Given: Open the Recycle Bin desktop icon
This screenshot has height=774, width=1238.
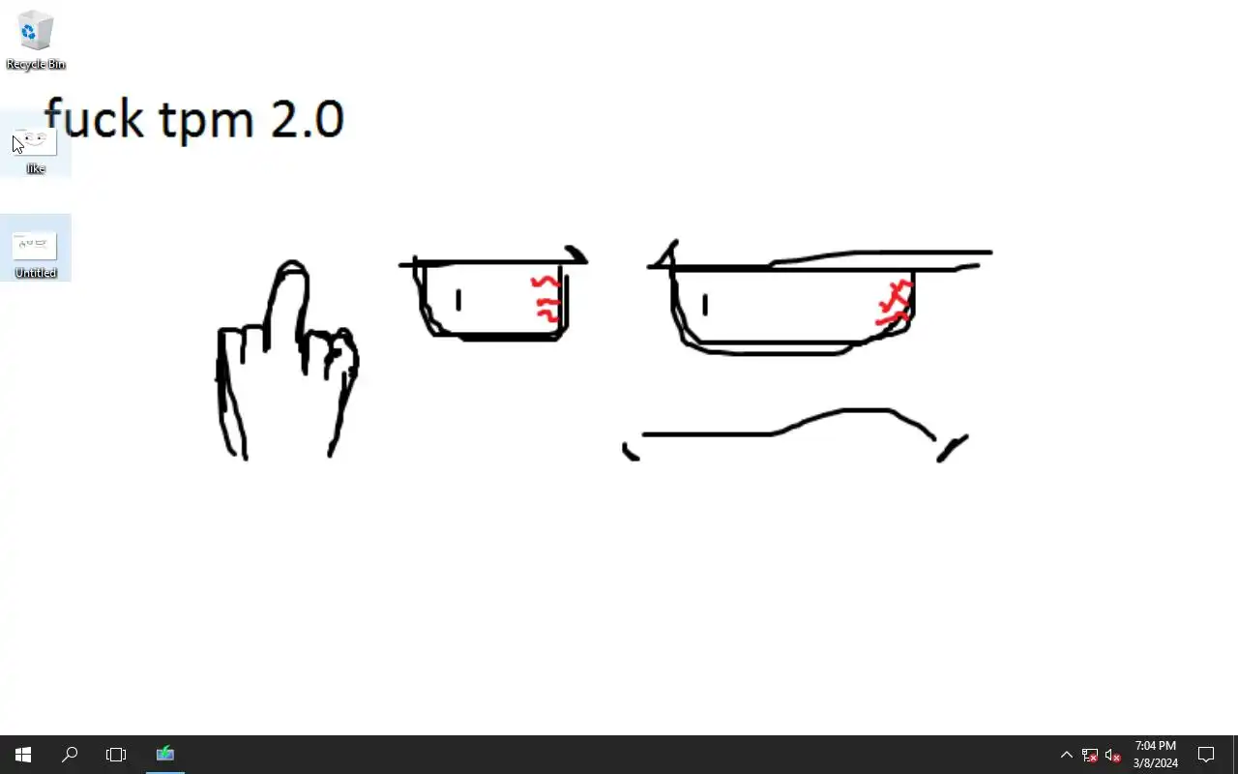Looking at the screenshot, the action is tap(36, 40).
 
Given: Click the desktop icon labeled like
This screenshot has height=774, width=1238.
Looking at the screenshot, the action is tap(36, 150).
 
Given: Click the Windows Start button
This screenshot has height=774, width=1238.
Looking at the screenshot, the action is tap(22, 755).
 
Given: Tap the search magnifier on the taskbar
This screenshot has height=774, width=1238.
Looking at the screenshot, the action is tap(70, 755).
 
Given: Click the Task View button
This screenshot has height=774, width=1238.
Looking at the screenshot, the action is tap(116, 755).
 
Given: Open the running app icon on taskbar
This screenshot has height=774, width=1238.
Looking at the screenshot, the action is tap(165, 754).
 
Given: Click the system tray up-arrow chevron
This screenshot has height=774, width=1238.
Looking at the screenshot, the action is tap(1067, 755).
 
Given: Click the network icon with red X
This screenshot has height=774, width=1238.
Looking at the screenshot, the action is tap(1090, 755).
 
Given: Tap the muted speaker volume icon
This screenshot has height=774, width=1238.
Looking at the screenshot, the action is tap(1112, 755).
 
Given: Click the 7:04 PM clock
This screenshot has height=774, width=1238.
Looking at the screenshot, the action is tap(1156, 746).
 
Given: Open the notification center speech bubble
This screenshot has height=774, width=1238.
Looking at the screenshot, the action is tap(1206, 755).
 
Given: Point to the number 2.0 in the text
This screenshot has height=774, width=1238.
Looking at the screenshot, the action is tap(308, 118).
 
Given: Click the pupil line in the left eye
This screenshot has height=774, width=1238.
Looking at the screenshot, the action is tap(458, 300).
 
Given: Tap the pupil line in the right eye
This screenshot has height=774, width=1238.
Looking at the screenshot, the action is tap(705, 305).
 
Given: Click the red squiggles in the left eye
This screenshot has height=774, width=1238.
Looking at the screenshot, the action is tap(546, 300).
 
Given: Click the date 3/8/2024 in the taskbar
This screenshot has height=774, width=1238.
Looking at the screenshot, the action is tap(1156, 763).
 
